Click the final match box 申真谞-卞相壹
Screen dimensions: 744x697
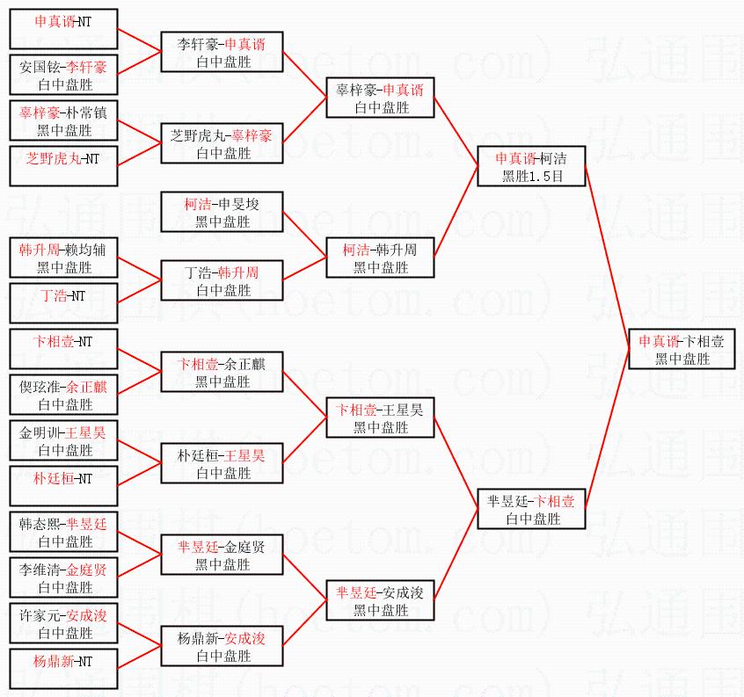click(x=682, y=349)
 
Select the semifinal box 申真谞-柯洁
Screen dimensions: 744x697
click(x=531, y=166)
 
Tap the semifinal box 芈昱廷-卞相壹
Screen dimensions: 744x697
click(x=531, y=509)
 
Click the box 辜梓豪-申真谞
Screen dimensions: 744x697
click(x=380, y=98)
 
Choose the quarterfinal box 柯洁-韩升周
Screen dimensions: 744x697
click(x=380, y=258)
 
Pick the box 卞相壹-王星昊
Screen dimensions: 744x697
click(x=380, y=417)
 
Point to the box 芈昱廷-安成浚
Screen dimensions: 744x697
click(x=380, y=600)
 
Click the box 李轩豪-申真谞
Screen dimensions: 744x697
click(x=222, y=52)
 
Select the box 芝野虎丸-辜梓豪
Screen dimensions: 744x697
click(x=222, y=143)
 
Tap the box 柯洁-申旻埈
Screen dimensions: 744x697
click(x=222, y=212)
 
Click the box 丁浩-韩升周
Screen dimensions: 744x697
click(x=222, y=280)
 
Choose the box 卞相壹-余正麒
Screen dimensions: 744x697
click(x=222, y=372)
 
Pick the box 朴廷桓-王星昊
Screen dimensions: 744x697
click(x=222, y=463)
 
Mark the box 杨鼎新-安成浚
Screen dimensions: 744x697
click(x=222, y=646)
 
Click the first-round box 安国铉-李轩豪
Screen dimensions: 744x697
click(x=63, y=75)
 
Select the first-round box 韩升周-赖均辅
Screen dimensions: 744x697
click(x=63, y=258)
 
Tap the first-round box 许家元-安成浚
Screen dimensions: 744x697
click(x=63, y=623)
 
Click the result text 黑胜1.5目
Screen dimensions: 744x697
click(x=532, y=177)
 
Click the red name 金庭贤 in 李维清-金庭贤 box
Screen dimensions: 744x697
click(x=86, y=570)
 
